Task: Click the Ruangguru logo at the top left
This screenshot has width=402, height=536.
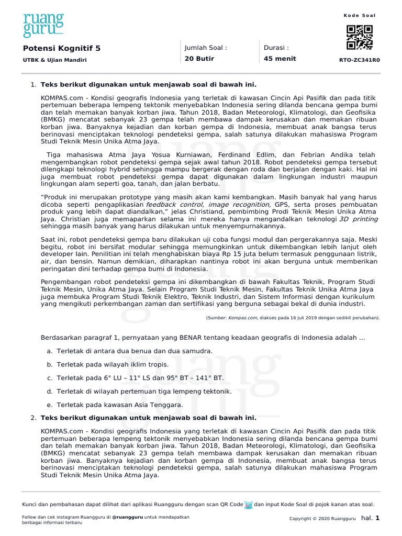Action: click(x=43, y=25)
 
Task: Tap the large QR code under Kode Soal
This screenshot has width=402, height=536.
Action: click(x=360, y=37)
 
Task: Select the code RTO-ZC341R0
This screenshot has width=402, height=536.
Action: click(x=360, y=60)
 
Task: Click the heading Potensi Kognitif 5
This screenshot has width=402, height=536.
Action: click(x=62, y=48)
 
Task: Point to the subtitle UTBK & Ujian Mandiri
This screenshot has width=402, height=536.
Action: click(x=54, y=60)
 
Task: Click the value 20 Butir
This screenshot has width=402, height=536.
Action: click(x=199, y=59)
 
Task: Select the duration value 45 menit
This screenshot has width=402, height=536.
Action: click(x=280, y=59)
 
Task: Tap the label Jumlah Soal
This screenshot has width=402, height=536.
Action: click(x=206, y=48)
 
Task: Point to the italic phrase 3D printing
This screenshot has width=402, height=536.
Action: click(x=358, y=219)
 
